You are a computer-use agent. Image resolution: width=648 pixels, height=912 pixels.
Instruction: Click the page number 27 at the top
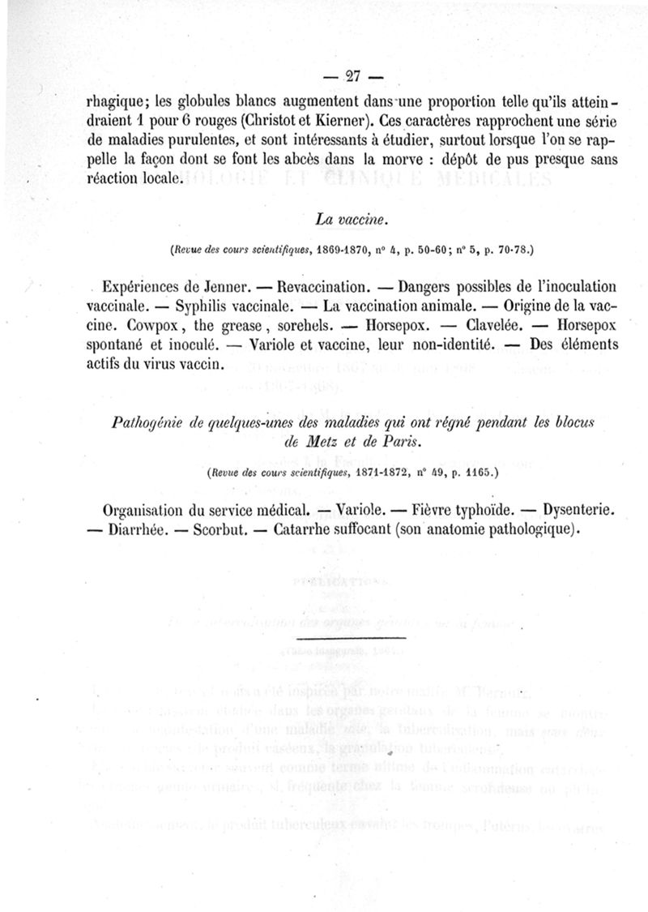coord(352,77)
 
